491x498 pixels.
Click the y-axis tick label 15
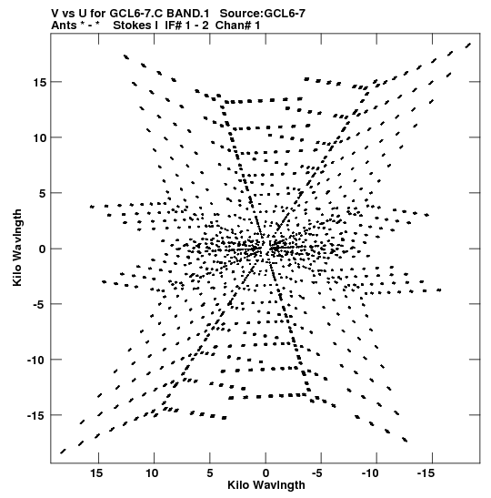(39, 82)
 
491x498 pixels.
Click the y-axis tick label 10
(39, 137)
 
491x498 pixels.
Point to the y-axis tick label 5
(43, 193)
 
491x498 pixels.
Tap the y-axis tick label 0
(43, 249)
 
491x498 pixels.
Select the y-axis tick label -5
(40, 305)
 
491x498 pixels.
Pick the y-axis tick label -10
(36, 361)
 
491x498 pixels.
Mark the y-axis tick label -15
(36, 416)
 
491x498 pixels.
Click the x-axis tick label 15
(96, 473)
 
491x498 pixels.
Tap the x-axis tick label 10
(152, 473)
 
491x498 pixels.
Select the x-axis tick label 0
(266, 473)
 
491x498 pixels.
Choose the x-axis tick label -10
(370, 473)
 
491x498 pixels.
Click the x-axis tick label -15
(426, 473)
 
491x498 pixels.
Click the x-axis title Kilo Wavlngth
(266, 485)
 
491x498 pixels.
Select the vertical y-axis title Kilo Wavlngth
(17, 248)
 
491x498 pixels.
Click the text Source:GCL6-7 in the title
(263, 14)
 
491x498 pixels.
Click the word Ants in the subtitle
(64, 25)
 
